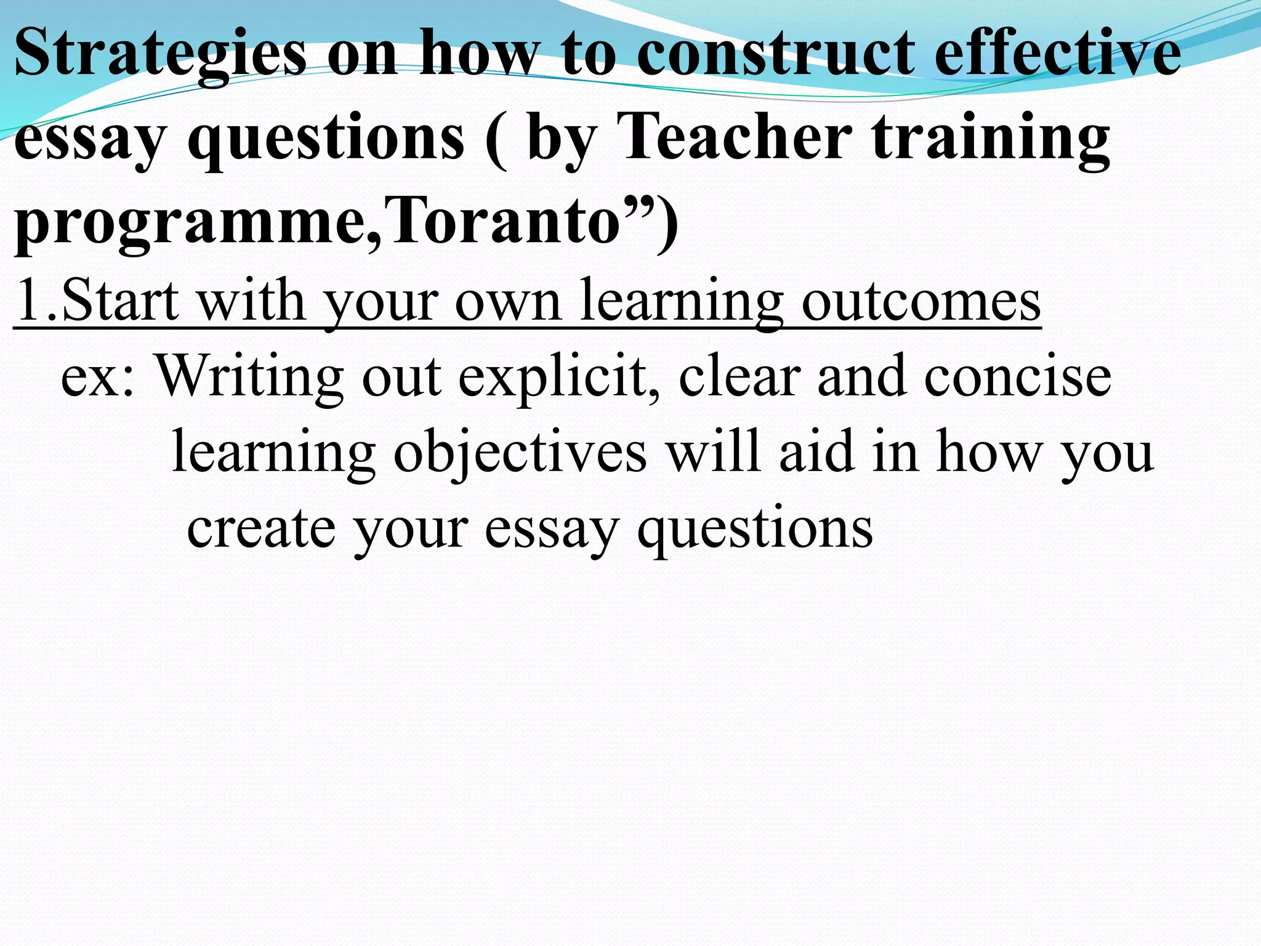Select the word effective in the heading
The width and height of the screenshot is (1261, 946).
pos(1058,54)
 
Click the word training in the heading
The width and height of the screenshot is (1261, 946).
pos(991,140)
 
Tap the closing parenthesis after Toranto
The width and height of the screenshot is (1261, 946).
pos(667,223)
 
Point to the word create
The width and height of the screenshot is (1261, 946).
pos(261,528)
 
